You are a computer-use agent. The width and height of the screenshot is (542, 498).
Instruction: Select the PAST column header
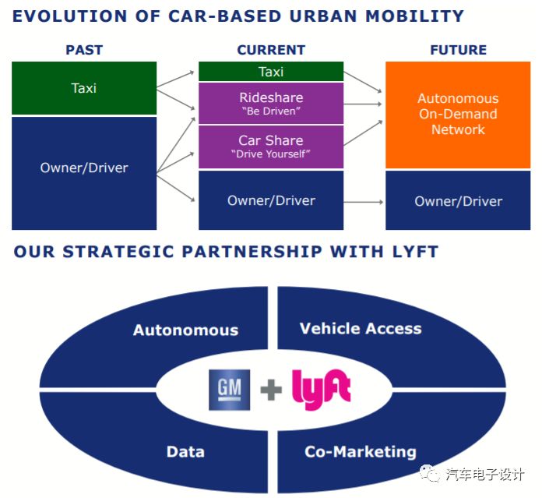pyautogui.click(x=84, y=50)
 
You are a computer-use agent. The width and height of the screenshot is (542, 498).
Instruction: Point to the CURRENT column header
pyautogui.click(x=271, y=50)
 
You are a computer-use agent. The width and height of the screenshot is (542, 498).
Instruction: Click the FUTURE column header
pyautogui.click(x=458, y=50)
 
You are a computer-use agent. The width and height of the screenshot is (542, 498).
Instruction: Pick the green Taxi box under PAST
pyautogui.click(x=84, y=88)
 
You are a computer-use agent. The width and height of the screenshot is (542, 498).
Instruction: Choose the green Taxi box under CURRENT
pyautogui.click(x=271, y=72)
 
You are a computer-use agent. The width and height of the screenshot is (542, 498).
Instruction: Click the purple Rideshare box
pyautogui.click(x=271, y=104)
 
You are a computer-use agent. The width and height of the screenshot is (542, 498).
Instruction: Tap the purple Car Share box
pyautogui.click(x=271, y=147)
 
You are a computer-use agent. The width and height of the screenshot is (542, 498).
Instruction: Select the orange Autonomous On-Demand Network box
pyautogui.click(x=458, y=115)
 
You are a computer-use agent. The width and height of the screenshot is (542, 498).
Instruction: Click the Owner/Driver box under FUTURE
pyautogui.click(x=458, y=201)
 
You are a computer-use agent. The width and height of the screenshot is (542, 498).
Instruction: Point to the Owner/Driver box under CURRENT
pyautogui.click(x=271, y=201)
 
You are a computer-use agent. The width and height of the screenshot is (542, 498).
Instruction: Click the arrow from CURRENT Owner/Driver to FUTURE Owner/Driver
pyautogui.click(x=364, y=202)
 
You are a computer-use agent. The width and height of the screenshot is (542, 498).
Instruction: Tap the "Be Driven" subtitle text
pyautogui.click(x=271, y=111)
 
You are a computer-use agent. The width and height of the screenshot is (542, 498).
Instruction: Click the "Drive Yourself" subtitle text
pyautogui.click(x=271, y=154)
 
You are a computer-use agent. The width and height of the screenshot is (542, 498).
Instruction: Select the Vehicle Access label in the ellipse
pyautogui.click(x=361, y=328)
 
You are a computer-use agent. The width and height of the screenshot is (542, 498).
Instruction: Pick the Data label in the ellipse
pyautogui.click(x=185, y=451)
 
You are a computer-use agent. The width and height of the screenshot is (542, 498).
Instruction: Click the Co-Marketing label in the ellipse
pyautogui.click(x=360, y=451)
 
